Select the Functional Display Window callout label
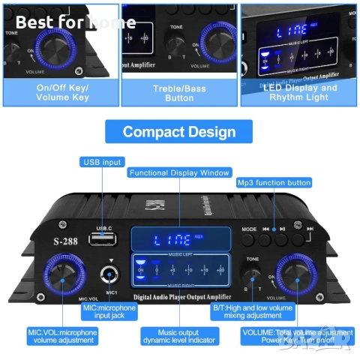click(179, 172)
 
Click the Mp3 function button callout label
click(274, 182)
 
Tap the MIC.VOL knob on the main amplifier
click(61, 273)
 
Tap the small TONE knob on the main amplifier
click(253, 271)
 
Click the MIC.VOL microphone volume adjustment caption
click(62, 335)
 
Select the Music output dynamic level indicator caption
click(178, 335)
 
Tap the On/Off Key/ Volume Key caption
click(61, 92)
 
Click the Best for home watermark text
click(66, 22)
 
